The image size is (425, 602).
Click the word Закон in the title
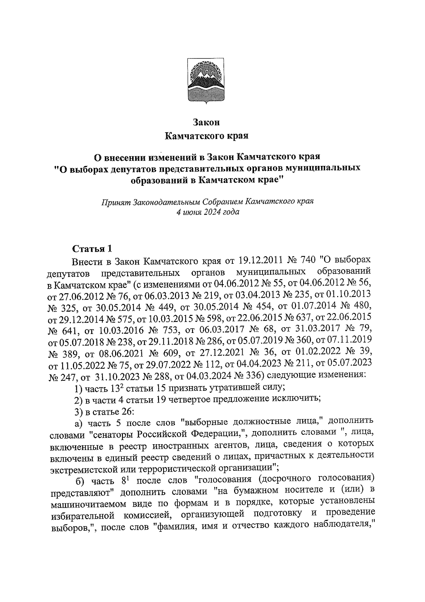point(206,122)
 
